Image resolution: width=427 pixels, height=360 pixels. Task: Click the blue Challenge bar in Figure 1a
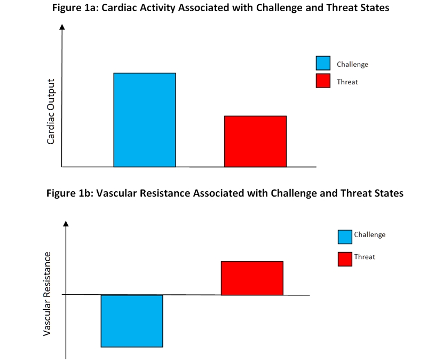pyautogui.click(x=145, y=120)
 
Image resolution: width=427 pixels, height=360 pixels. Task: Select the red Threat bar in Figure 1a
pyautogui.click(x=255, y=142)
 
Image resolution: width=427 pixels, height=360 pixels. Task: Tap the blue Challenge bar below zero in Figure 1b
pyautogui.click(x=132, y=321)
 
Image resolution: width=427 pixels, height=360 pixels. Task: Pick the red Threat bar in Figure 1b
pyautogui.click(x=252, y=278)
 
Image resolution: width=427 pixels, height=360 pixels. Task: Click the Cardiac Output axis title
pyautogui.click(x=51, y=112)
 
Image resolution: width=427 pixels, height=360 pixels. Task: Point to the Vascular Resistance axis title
pyautogui.click(x=48, y=294)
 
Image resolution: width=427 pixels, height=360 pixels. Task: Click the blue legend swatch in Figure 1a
pyautogui.click(x=323, y=64)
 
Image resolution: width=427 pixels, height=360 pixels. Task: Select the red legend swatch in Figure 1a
pyautogui.click(x=323, y=81)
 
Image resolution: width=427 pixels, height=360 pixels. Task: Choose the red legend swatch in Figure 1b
pyautogui.click(x=345, y=259)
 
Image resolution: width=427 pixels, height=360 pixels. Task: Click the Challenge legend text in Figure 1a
pyautogui.click(x=352, y=64)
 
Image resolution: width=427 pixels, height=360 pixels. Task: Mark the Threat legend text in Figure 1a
pyautogui.click(x=347, y=82)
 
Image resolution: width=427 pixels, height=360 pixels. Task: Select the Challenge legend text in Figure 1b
pyautogui.click(x=369, y=234)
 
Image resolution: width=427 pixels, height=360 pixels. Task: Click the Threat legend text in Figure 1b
pyautogui.click(x=365, y=257)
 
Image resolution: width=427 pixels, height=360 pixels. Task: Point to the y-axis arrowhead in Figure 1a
pyautogui.click(x=62, y=27)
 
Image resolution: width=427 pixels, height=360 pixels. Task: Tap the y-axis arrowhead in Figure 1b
pyautogui.click(x=66, y=224)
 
